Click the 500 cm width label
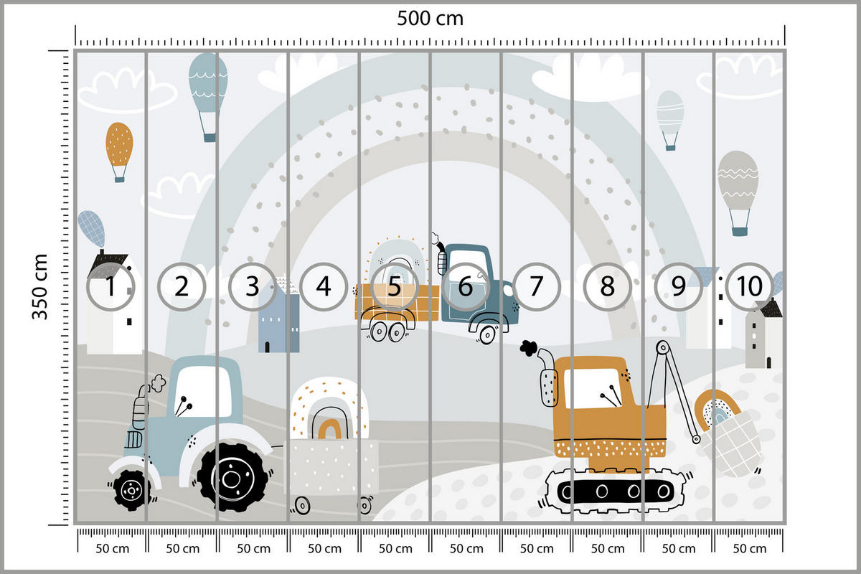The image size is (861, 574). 430,19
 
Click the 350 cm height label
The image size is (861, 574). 39,287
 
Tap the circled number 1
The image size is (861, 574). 110,286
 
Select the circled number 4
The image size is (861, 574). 324,286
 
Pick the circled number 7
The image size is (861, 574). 536,286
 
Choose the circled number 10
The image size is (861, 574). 749,286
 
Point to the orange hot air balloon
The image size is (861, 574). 119,146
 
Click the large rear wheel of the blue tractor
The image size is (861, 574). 231,476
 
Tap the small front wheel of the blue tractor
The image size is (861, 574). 131,489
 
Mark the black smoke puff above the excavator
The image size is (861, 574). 530,348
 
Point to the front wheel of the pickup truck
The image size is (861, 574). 488,332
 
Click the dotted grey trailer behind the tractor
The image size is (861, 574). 331,466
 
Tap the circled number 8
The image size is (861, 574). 607,286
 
